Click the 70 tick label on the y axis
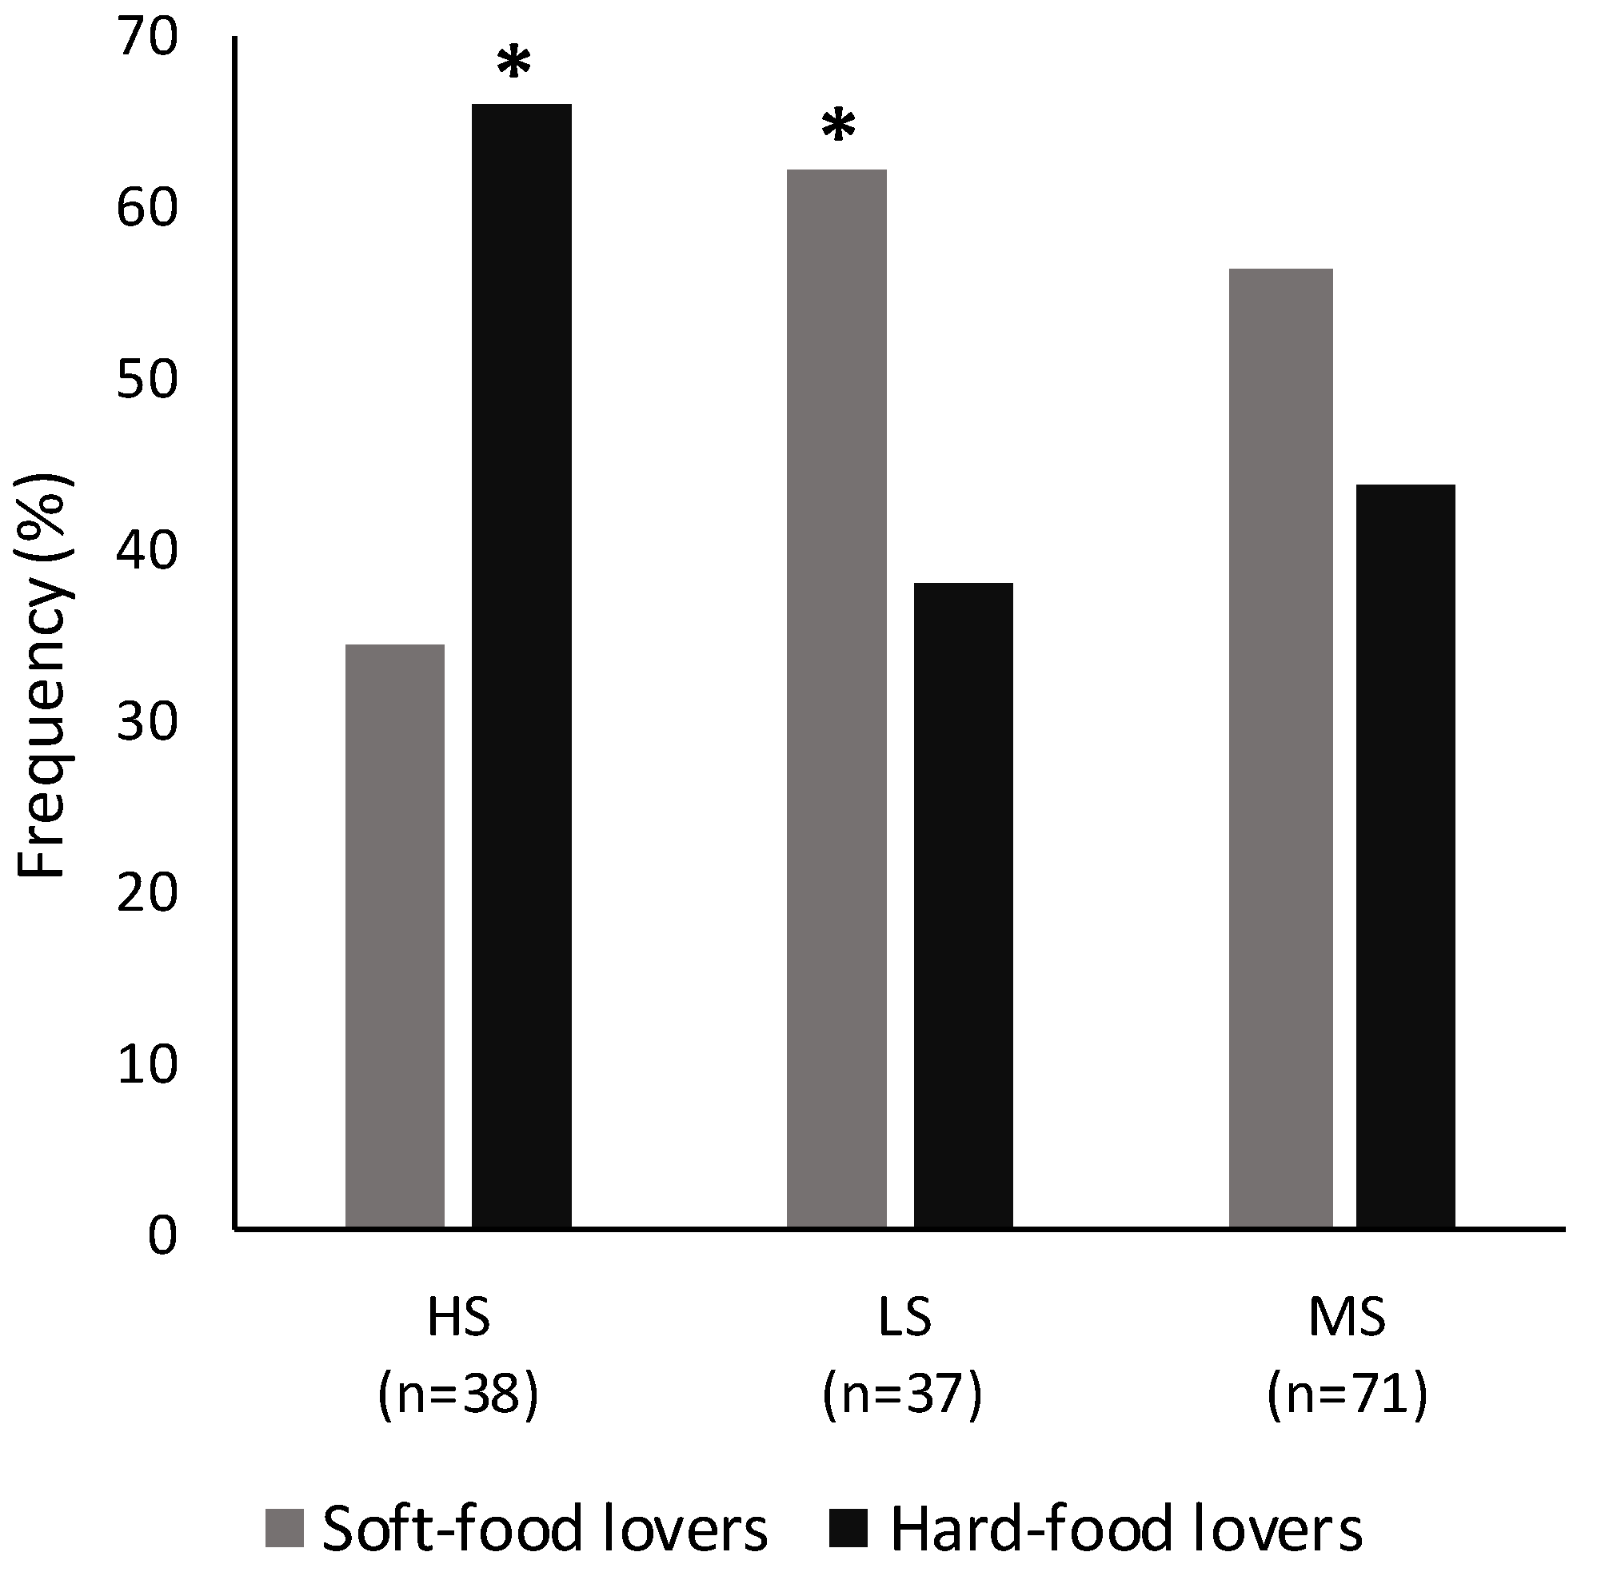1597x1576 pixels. pos(148,39)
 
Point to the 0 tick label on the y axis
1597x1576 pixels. pos(162,1237)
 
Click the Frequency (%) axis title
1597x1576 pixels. pos(43,678)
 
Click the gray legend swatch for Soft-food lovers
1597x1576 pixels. pos(285,1527)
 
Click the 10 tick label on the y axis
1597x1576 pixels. pos(148,1066)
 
